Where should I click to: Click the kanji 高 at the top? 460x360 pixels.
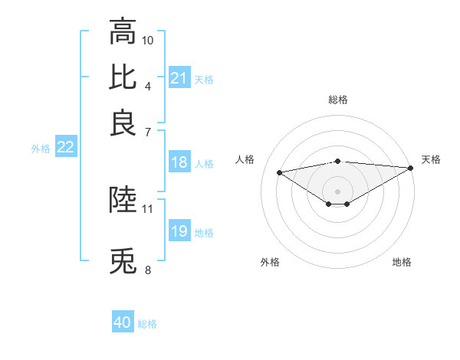coord(123,32)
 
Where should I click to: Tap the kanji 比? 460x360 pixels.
coord(123,77)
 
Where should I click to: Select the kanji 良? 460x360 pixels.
coord(123,123)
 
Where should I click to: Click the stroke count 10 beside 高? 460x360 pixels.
coord(148,39)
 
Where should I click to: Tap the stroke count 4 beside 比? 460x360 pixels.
coord(147,85)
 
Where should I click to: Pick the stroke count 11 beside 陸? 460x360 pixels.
coord(148,208)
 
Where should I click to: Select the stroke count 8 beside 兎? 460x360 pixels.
coord(147,270)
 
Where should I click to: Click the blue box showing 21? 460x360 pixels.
coord(179,78)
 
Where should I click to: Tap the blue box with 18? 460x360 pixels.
coord(179,162)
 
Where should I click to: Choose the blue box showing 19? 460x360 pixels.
coord(179,231)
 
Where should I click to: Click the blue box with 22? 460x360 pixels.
coord(65,148)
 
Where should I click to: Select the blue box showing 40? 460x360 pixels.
coord(123,322)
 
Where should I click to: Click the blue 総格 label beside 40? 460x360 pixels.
coord(147,324)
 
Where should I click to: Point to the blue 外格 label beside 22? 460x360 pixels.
coord(41,149)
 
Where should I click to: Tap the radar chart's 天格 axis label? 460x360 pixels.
coord(431,159)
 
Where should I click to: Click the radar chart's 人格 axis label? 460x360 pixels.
coord(245,159)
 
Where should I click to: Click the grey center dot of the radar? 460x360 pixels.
coord(337,190)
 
